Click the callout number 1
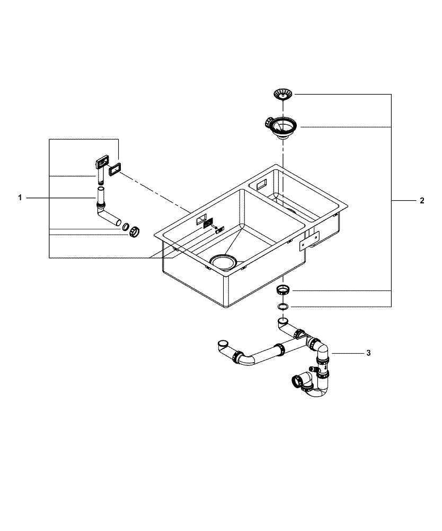pos(20,198)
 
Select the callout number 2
pos(421,201)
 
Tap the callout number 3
pos(368,353)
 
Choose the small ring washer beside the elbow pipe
pos(126,227)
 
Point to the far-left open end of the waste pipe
pos(224,344)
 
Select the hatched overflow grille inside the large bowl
pos(208,222)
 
